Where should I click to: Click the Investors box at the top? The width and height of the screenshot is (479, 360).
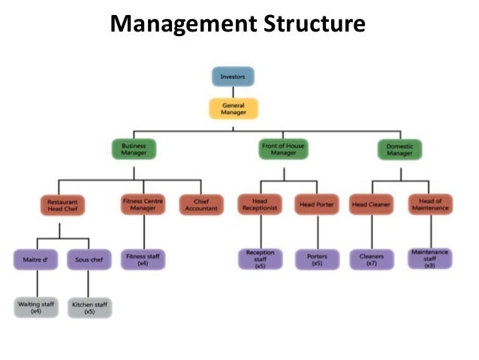coord(233,77)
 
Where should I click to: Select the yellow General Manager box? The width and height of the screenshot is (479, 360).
coord(233,110)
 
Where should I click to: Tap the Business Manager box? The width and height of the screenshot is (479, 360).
coord(134,148)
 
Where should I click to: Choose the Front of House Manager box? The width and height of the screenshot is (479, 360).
coord(284,148)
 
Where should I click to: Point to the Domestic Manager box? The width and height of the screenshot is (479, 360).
coord(399,148)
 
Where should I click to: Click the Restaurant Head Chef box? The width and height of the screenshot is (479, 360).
coord(62,205)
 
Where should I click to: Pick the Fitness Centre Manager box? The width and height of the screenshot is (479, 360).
coord(143,204)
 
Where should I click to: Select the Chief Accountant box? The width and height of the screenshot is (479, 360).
coord(201,205)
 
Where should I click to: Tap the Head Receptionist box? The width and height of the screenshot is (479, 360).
coord(261,204)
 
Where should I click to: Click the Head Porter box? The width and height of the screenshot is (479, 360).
coord(317,204)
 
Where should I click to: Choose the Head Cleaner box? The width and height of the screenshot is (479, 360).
coord(371,204)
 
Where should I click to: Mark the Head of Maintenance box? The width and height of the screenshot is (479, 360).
coord(430,204)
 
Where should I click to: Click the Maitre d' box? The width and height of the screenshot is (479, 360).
coord(36,259)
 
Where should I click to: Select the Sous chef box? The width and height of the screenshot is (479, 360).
coord(89,259)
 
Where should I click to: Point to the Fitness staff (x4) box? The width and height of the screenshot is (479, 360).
coord(143,259)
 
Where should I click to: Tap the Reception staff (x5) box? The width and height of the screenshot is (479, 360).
coord(261,259)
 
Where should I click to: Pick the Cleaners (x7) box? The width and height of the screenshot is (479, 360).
coord(371,259)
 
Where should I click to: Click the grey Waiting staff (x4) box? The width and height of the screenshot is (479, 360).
coord(36,307)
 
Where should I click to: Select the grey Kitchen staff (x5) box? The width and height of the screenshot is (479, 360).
coord(89,307)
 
